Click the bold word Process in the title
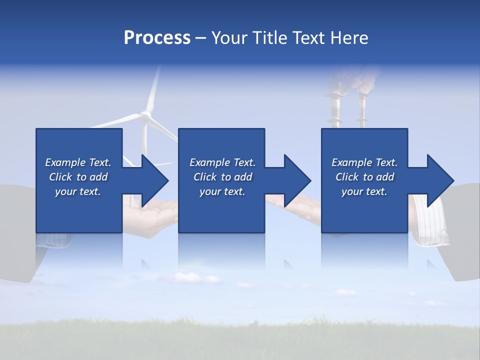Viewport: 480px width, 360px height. [x=157, y=38]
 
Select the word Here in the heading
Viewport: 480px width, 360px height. [x=348, y=38]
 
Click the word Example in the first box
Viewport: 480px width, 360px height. [x=65, y=162]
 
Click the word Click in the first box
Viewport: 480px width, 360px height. [x=61, y=177]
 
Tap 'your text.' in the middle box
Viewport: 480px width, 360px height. [x=222, y=191]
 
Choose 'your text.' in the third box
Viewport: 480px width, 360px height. [x=364, y=191]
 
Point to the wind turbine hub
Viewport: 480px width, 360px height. [x=145, y=115]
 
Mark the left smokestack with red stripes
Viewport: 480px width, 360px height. [x=334, y=110]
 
